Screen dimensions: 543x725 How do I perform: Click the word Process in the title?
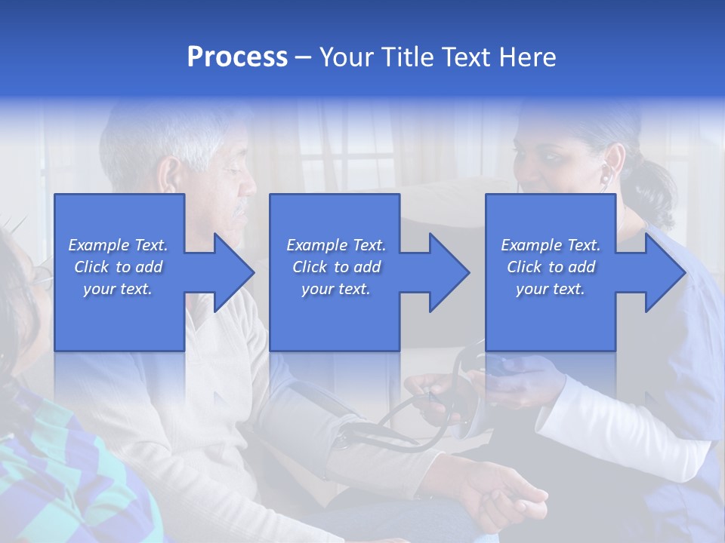tap(237, 57)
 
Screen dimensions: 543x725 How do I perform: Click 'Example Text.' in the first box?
tap(118, 245)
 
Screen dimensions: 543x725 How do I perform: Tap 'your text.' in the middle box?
tap(335, 289)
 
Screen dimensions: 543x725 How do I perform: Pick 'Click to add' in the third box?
tap(551, 267)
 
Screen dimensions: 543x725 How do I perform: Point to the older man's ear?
tap(170, 175)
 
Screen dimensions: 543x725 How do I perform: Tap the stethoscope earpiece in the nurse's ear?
tap(606, 178)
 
